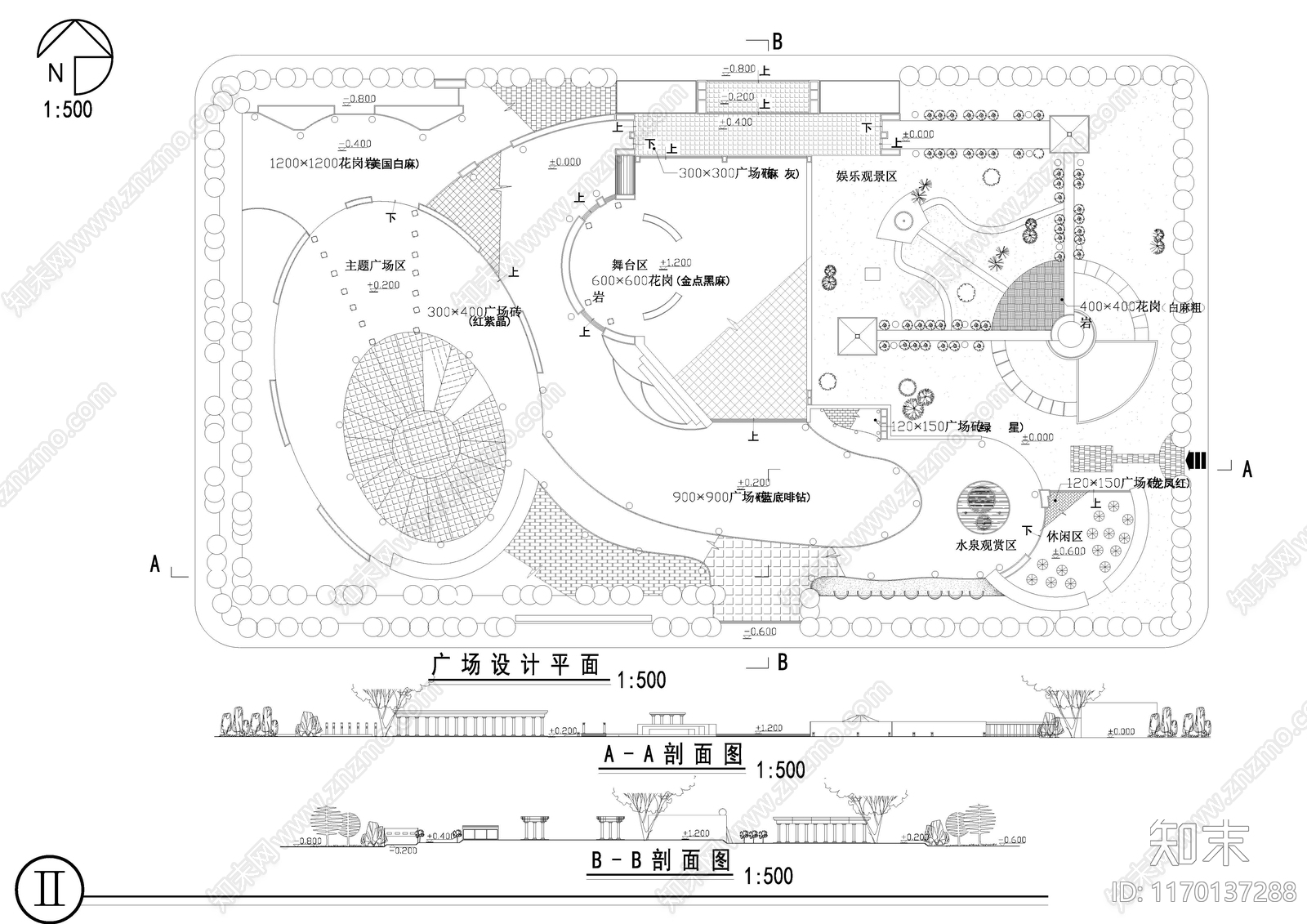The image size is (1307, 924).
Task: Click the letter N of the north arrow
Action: [55, 74]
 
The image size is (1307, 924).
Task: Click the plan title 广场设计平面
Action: [515, 666]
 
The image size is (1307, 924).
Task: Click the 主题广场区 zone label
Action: [375, 266]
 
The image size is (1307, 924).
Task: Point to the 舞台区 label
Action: [629, 265]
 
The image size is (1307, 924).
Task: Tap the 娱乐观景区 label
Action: [867, 176]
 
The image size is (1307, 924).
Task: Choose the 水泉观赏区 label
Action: [985, 545]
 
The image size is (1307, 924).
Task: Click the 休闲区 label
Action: [1064, 537]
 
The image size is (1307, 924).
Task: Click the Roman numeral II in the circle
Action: [51, 889]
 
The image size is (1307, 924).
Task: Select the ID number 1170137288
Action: [1205, 891]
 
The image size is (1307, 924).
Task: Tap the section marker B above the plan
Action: [777, 42]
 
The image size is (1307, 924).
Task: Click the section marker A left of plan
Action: [155, 564]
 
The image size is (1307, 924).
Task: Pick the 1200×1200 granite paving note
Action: [343, 163]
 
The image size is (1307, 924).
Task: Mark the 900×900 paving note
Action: [741, 497]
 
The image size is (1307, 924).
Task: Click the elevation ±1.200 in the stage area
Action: [676, 263]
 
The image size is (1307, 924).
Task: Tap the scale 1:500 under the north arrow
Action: [68, 109]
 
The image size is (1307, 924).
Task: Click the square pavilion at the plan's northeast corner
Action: [1068, 133]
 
